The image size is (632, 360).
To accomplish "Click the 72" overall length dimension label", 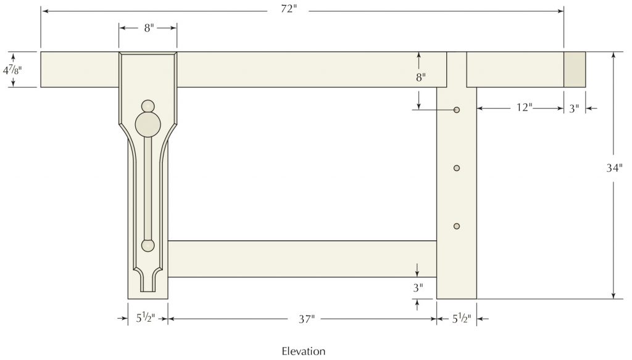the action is pos(289,9).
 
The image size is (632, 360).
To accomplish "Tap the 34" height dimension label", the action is pos(614,168).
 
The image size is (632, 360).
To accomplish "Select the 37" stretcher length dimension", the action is pos(306,319).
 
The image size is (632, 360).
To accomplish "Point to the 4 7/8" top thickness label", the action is pos(12,70).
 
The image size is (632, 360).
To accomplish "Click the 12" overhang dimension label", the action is pos(525,107).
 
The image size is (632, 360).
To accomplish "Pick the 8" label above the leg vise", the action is pos(149,28).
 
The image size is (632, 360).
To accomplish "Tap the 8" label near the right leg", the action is pos(421,77).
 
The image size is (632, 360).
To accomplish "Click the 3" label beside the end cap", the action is pos(574,109).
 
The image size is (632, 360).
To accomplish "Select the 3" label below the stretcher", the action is pos(418,288).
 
